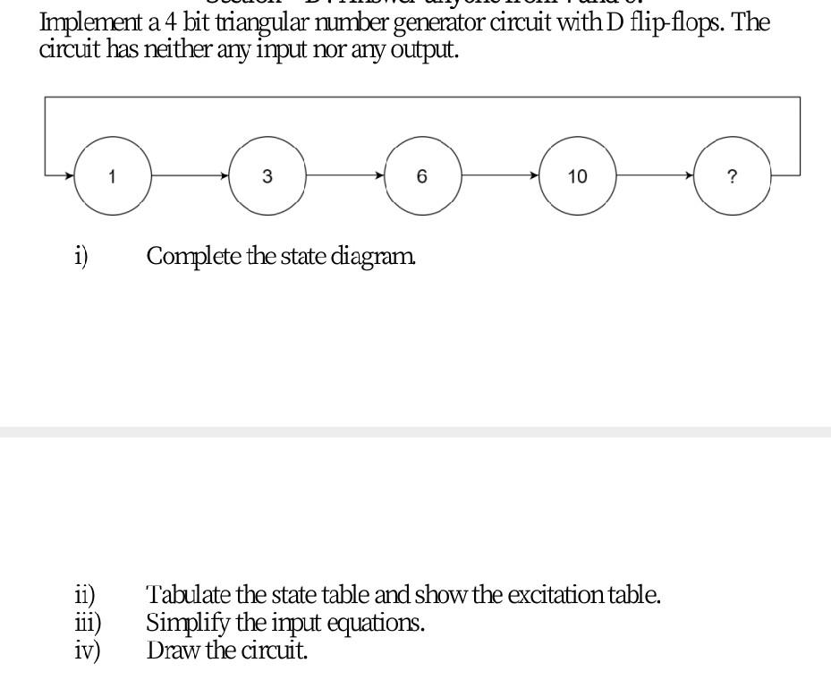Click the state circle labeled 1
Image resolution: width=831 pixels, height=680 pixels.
112,176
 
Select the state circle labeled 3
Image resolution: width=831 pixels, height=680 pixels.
267,176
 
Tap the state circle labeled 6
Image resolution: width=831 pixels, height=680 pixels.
422,176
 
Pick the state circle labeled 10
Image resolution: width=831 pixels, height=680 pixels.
577,176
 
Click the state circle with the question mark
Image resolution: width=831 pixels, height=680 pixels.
733,176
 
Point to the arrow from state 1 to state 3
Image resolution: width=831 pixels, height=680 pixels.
190,176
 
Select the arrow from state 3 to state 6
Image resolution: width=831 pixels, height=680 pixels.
345,176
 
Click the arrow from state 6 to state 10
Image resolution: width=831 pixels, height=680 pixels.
500,176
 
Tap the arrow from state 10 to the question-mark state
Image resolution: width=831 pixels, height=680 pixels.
655,176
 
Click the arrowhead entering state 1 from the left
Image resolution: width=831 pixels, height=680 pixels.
69,176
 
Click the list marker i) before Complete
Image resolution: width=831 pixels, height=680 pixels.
81,257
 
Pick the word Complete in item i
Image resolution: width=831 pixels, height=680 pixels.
193,257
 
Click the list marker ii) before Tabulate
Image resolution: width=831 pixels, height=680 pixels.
85,595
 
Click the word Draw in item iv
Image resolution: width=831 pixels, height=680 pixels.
174,650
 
